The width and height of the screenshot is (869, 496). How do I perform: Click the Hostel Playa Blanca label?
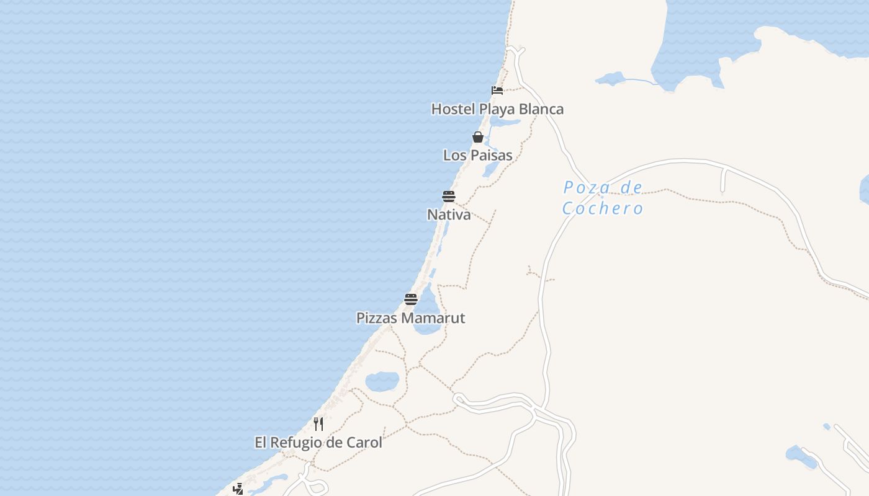[x=497, y=109]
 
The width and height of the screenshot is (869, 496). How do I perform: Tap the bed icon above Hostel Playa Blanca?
[x=497, y=91]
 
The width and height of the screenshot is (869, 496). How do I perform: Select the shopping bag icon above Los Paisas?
[x=478, y=137]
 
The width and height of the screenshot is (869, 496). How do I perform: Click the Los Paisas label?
[x=477, y=155]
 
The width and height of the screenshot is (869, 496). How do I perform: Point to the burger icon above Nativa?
[x=449, y=197]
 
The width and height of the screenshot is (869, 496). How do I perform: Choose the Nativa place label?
[x=449, y=215]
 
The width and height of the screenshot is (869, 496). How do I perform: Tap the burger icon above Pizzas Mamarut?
[x=411, y=299]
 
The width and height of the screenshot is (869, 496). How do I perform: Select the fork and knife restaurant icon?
[x=318, y=424]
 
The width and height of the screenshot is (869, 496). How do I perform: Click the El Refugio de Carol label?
[x=318, y=443]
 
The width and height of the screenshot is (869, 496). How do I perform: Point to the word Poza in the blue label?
[x=585, y=187]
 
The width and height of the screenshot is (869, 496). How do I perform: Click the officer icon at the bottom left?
[x=238, y=489]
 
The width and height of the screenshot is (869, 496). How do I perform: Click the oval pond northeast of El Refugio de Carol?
[x=382, y=381]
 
